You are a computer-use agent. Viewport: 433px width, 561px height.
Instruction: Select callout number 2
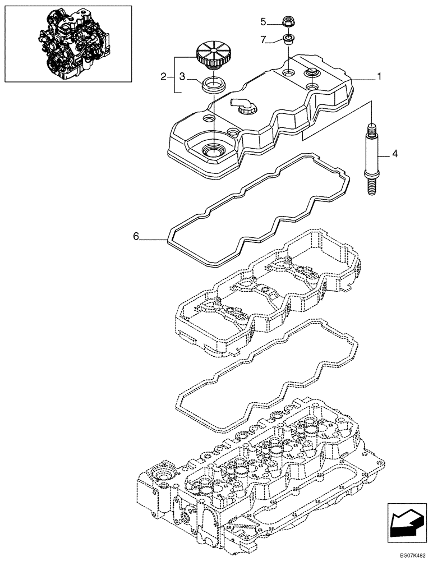tap(163, 76)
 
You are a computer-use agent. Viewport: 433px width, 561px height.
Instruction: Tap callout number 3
tap(182, 76)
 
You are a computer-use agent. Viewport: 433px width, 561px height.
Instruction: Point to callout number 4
tap(395, 153)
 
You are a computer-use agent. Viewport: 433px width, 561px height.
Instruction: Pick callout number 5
tap(263, 22)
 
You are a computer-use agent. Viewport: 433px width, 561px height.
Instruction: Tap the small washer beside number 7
tap(289, 39)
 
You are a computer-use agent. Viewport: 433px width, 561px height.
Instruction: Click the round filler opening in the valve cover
tap(214, 150)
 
